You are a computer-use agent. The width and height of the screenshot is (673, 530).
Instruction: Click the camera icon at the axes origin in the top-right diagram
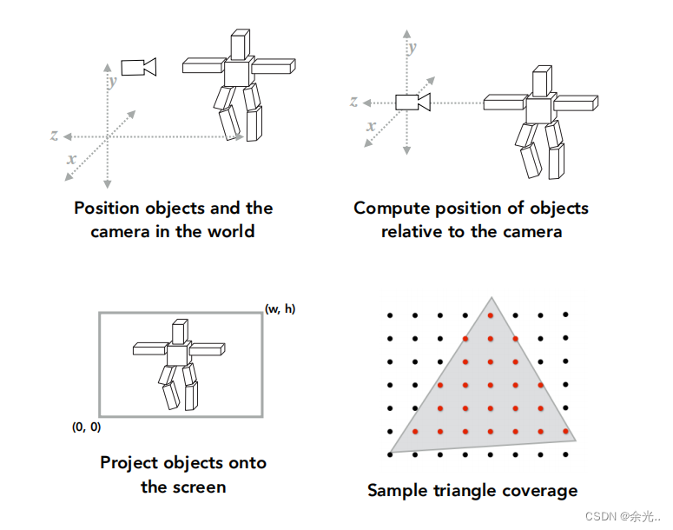click(x=412, y=102)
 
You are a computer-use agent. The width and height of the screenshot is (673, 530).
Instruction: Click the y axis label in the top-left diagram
click(x=113, y=82)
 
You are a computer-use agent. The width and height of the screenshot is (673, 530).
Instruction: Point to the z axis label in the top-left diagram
click(x=54, y=136)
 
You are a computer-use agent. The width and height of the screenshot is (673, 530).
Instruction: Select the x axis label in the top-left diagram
click(x=71, y=160)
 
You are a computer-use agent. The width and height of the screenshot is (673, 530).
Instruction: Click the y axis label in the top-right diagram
click(x=412, y=47)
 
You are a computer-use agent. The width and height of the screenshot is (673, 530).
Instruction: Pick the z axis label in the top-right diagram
click(x=354, y=102)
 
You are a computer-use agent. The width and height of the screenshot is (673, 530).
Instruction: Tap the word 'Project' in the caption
click(x=131, y=462)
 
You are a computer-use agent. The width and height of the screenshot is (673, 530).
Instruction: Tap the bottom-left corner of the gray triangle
click(x=391, y=453)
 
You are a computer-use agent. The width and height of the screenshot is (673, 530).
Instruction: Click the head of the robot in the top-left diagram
click(x=240, y=44)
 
